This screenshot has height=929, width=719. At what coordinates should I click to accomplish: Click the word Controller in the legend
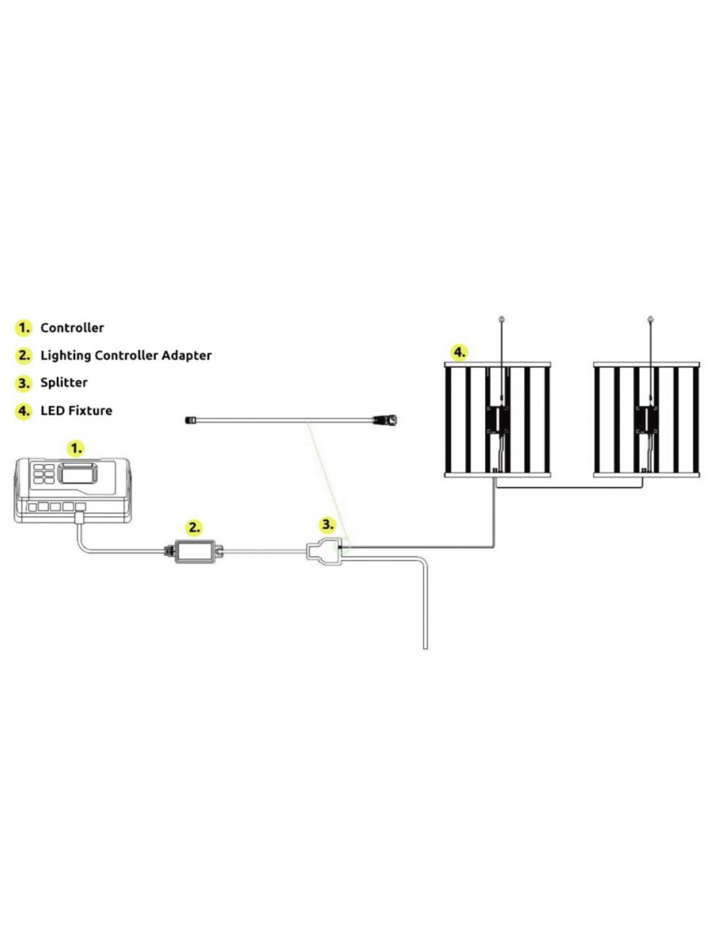coord(72,327)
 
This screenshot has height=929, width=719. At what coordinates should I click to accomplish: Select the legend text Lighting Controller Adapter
coord(125,355)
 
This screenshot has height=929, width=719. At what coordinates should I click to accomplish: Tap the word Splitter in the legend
coord(64,382)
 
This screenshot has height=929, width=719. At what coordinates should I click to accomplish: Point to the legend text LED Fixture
coord(76,410)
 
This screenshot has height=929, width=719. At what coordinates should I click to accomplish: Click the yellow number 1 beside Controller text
coord(24,328)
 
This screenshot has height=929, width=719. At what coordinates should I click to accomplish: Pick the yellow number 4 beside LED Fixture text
coord(24,411)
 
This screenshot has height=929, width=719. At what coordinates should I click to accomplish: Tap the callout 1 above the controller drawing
coord(76,448)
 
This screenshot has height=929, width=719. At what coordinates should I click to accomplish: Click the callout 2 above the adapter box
coord(195,527)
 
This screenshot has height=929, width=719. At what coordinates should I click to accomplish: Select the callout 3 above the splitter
coord(327,525)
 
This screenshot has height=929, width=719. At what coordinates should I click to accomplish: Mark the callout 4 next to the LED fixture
coord(459,353)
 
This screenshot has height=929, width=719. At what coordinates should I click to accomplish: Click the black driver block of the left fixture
coord(497,419)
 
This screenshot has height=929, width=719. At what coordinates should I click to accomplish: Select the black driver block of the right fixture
coord(646,419)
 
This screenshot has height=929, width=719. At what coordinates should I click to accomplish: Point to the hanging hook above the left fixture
coord(502,319)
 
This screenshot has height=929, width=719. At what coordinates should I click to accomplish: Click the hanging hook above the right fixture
coord(650,319)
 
